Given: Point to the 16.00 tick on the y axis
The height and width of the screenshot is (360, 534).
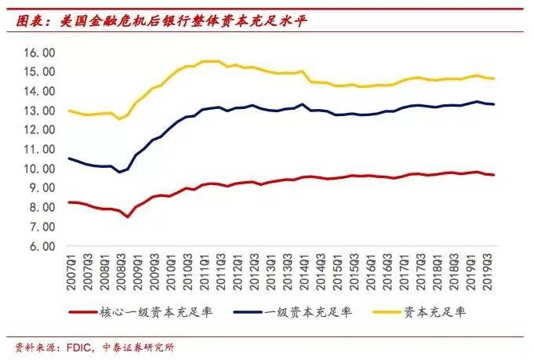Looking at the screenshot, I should pyautogui.click(x=38, y=53).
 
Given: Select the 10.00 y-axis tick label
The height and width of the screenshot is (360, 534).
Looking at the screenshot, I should pyautogui.click(x=38, y=169).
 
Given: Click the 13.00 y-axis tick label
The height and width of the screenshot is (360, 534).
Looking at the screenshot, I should pyautogui.click(x=38, y=111).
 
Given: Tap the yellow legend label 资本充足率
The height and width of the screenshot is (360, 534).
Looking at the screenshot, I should pyautogui.click(x=435, y=312).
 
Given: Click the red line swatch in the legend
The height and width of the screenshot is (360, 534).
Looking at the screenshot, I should pyautogui.click(x=83, y=312).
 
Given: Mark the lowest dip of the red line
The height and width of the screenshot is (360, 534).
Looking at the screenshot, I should pyautogui.click(x=128, y=216).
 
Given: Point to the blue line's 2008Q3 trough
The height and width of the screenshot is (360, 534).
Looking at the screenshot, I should pyautogui.click(x=119, y=171).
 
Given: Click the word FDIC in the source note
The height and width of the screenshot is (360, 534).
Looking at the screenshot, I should pyautogui.click(x=75, y=347).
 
